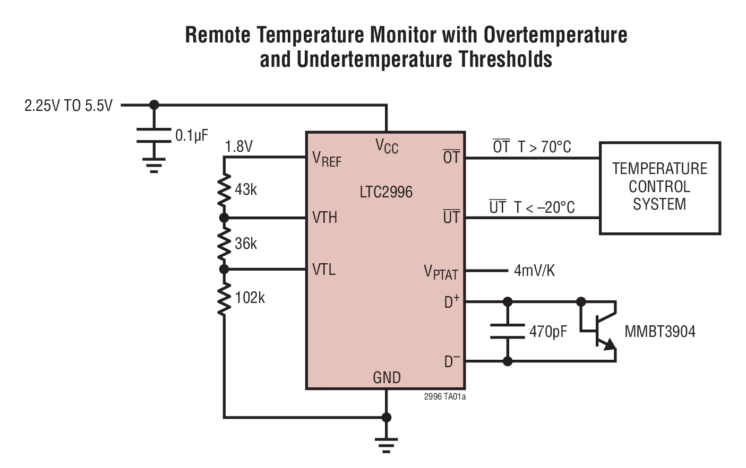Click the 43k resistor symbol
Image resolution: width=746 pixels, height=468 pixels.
[224, 189]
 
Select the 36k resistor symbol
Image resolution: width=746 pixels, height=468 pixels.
[224, 244]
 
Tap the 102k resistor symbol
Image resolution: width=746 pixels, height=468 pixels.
[224, 298]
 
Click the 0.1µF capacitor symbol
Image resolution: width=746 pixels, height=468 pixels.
[154, 135]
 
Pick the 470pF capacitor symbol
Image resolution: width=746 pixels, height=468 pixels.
[508, 332]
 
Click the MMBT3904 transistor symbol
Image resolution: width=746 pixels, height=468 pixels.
[600, 332]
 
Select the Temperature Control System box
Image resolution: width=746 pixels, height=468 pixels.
[659, 188]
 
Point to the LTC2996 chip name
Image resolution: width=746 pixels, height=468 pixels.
[386, 192]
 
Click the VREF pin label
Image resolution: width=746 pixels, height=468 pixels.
[327, 159]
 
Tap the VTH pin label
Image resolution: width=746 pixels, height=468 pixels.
[324, 218]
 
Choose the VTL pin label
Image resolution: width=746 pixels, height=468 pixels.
[324, 270]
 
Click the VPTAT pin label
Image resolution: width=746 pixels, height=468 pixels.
[441, 272]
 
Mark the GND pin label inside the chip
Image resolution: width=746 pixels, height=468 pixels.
[387, 378]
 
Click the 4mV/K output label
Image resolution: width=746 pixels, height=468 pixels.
[534, 271]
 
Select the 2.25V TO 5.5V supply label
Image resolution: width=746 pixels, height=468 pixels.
[68, 106]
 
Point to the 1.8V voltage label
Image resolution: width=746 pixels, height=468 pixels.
[238, 146]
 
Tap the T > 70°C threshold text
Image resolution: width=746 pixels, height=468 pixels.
[544, 147]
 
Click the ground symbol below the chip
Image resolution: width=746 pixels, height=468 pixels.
[386, 444]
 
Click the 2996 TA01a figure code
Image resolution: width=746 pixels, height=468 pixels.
[444, 396]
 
